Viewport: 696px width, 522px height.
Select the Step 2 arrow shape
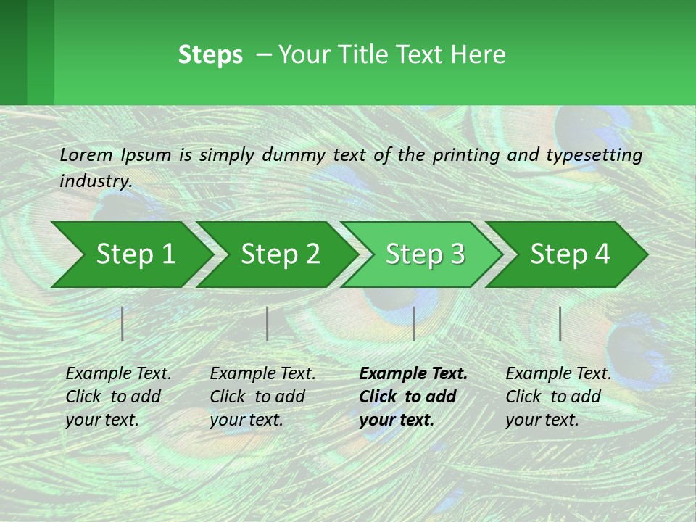(280, 254)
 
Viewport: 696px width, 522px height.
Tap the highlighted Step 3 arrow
(425, 254)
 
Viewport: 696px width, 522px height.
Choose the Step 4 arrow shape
(570, 254)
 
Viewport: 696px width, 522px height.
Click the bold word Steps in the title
(210, 55)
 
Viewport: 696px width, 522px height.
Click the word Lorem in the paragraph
(86, 154)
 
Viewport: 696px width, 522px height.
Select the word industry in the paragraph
(95, 181)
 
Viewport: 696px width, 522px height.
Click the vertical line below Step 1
(123, 323)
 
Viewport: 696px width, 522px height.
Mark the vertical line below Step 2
(268, 323)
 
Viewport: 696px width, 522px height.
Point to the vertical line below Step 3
(413, 323)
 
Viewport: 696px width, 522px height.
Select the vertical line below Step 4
(560, 323)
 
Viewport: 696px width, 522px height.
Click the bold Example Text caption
(413, 397)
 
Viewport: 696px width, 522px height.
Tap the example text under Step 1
(118, 397)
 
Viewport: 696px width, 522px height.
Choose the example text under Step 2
(262, 397)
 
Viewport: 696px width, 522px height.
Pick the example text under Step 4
(558, 397)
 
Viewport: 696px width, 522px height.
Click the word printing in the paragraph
(463, 154)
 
